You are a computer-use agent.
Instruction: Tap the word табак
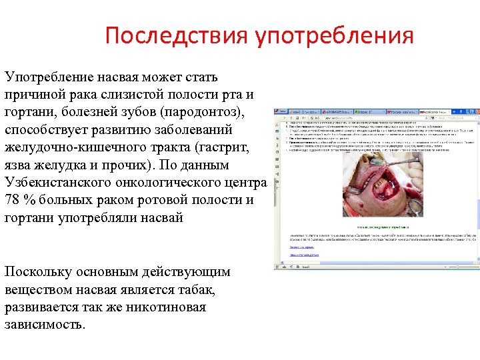(194, 290)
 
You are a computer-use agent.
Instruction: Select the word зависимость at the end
(44, 325)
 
